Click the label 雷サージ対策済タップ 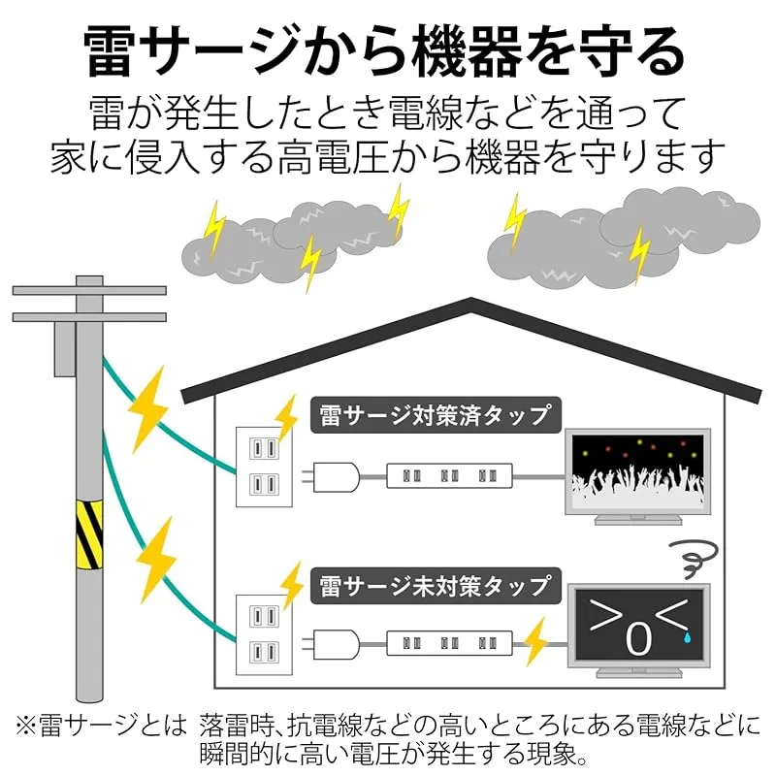[x=436, y=415]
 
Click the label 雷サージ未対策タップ [x=436, y=586]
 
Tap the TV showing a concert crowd [x=638, y=476]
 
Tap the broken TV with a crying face [x=638, y=630]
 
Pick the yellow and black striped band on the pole [x=89, y=534]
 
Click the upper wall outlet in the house [x=264, y=467]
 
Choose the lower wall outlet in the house [x=264, y=634]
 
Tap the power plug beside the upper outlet [x=331, y=477]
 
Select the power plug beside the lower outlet [x=331, y=644]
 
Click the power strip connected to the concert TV [x=449, y=476]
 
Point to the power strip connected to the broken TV [x=449, y=643]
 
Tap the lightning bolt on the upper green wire [x=147, y=409]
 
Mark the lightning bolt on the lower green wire [x=157, y=560]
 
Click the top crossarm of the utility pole [x=89, y=290]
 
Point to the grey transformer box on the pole [x=65, y=349]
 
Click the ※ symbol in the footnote [x=26, y=726]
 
